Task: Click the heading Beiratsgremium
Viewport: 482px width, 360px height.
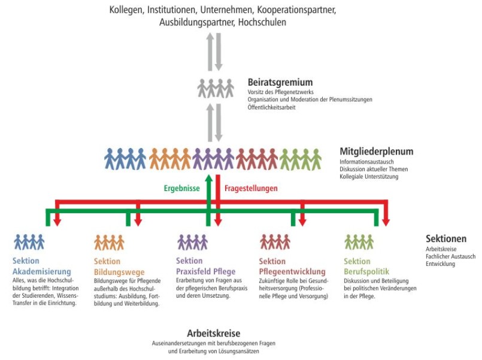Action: point(280,83)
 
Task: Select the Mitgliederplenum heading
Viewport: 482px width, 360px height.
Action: point(376,152)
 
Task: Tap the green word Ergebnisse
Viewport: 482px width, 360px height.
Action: point(181,188)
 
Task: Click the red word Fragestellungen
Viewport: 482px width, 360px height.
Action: point(251,188)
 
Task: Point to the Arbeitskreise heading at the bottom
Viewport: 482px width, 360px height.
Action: point(214,333)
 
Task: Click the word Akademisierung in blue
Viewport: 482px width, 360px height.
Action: point(42,271)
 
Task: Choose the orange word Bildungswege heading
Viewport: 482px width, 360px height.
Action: point(119,272)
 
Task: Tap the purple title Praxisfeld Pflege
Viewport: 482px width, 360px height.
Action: point(205,271)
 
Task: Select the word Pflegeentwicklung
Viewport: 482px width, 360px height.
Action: point(292,272)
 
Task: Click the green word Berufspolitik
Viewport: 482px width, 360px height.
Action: point(366,272)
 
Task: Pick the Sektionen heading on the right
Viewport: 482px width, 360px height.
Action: point(446,238)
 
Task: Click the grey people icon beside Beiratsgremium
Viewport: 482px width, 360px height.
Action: point(216,88)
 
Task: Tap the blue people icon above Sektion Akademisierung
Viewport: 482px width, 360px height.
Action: point(29,242)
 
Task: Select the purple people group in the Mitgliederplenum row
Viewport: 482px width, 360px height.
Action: point(213,159)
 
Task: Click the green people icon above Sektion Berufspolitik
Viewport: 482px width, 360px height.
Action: point(359,242)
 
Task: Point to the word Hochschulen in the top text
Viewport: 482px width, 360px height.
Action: point(262,22)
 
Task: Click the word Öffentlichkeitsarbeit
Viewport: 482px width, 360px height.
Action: point(271,107)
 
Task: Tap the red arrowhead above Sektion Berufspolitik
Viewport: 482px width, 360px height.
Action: point(386,222)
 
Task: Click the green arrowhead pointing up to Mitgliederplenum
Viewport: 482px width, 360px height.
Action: point(209,179)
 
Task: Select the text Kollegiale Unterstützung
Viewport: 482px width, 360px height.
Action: point(369,177)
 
